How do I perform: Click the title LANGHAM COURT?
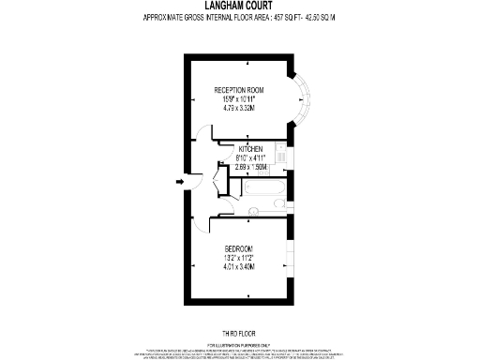click(x=240, y=6)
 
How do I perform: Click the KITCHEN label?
click(x=250, y=150)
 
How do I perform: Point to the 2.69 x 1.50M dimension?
click(x=250, y=167)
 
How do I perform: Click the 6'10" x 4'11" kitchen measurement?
click(x=250, y=158)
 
